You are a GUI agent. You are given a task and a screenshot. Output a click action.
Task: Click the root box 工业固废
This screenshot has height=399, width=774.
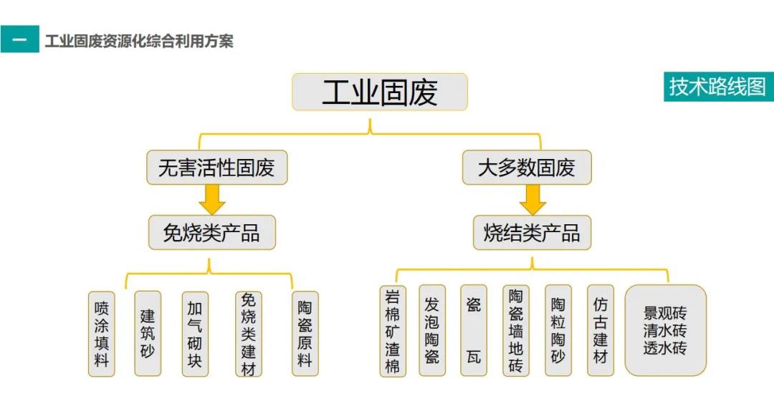(379, 92)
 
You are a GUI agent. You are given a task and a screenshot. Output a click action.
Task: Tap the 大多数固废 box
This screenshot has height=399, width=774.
(526, 168)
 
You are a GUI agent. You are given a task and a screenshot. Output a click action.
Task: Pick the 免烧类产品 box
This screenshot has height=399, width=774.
(211, 232)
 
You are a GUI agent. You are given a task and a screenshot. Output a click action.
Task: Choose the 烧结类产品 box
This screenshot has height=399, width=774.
(531, 232)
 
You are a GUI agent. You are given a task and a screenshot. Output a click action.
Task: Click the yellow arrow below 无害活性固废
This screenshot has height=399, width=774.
(212, 199)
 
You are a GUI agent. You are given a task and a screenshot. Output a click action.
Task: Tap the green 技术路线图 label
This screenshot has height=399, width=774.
(717, 87)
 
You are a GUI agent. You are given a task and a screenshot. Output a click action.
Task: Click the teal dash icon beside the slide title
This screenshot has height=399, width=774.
(19, 39)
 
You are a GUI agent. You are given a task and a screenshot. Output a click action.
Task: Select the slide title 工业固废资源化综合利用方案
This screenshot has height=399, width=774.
(139, 41)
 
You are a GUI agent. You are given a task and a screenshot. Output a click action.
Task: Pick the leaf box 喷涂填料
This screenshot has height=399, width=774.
(102, 334)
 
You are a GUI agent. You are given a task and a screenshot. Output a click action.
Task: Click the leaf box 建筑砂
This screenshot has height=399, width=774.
(148, 333)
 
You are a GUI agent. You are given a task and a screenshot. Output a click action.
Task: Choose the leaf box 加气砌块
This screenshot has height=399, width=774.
(194, 334)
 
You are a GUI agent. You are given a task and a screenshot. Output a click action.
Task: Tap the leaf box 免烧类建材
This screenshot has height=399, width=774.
(248, 334)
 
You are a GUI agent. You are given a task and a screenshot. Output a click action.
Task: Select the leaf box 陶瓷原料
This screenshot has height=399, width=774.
(305, 334)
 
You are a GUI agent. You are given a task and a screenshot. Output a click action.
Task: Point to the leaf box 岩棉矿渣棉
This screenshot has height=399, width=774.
(392, 331)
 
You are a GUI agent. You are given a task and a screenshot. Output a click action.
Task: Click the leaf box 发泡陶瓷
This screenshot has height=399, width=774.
(431, 331)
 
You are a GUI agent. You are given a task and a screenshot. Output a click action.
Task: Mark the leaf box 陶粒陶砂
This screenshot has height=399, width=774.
(558, 331)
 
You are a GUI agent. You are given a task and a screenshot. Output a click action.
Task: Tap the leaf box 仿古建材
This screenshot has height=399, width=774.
(600, 331)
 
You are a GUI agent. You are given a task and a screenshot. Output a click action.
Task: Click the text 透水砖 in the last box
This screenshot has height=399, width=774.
(665, 349)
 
